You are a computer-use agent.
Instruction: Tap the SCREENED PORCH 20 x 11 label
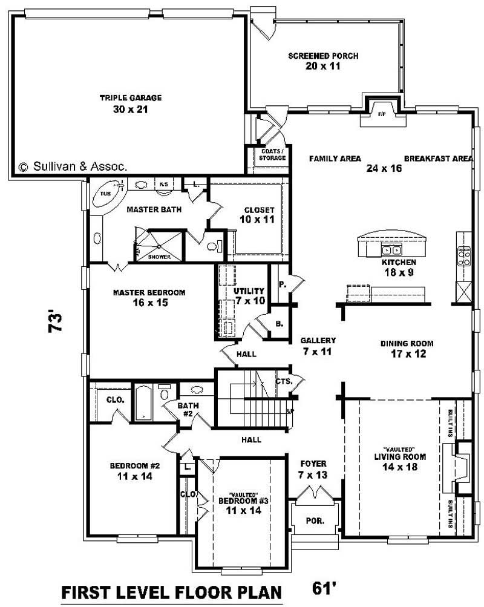(323, 61)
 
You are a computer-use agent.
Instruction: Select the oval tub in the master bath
(110, 194)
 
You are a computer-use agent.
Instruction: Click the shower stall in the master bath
(159, 245)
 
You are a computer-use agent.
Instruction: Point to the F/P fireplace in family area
(382, 115)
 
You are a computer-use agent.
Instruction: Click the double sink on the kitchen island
(391, 250)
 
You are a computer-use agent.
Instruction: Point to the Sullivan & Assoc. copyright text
(73, 166)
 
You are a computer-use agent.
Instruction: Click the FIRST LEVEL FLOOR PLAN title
(172, 591)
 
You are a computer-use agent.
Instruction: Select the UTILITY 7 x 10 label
(249, 296)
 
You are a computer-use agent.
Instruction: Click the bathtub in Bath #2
(144, 402)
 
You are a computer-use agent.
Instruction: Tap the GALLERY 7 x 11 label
(318, 346)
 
